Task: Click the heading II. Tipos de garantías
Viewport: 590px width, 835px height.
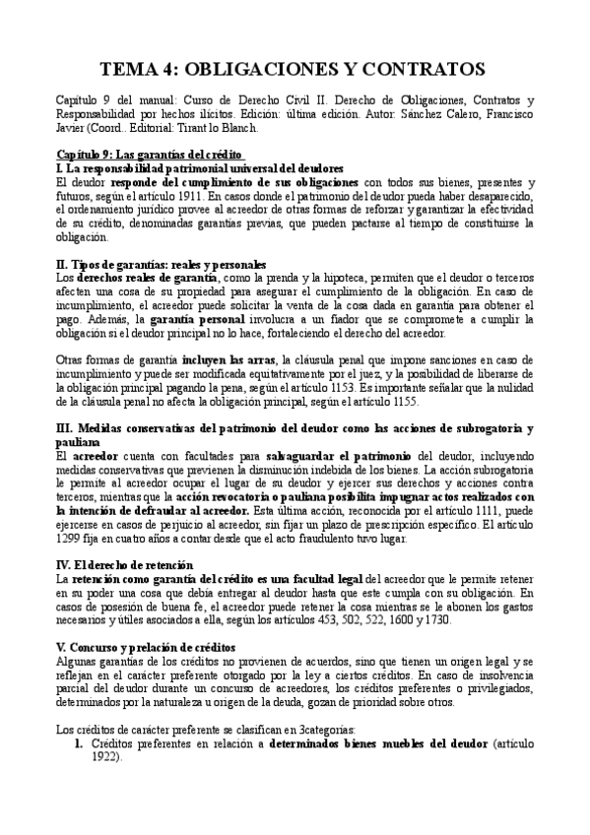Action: click(x=162, y=265)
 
